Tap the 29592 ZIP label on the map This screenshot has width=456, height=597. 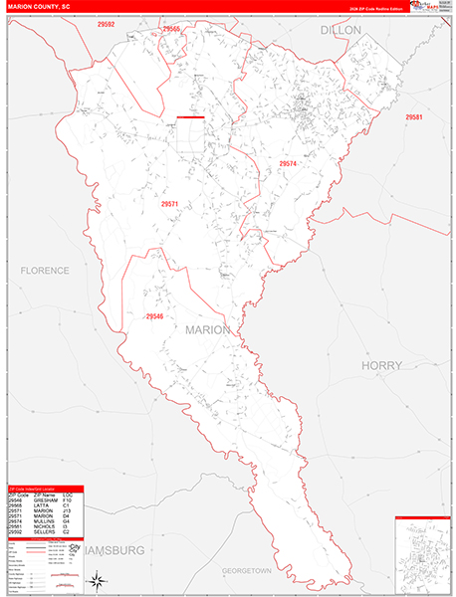(x=107, y=24)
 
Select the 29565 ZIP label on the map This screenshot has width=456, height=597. (x=170, y=30)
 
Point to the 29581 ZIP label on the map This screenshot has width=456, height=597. (x=414, y=117)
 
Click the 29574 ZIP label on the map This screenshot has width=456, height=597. (x=288, y=163)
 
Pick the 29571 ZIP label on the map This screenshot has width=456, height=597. (x=169, y=203)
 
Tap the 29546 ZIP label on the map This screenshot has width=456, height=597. (x=153, y=316)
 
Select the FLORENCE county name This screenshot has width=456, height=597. (x=46, y=271)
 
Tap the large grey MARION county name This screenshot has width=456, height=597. (x=207, y=329)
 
